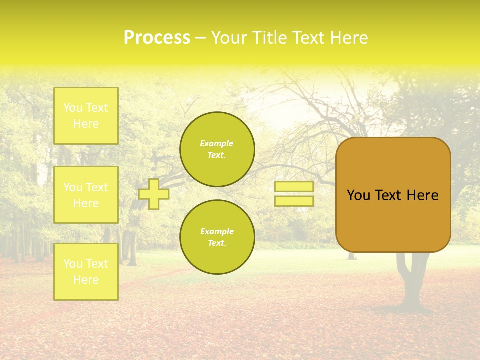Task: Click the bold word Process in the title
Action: point(157,38)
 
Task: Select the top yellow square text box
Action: point(86,116)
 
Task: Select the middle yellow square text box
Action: point(86,195)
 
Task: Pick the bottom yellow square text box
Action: point(86,272)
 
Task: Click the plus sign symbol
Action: point(154,194)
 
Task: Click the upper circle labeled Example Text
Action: point(217,149)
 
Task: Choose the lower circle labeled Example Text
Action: point(217,237)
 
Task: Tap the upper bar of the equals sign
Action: point(294,187)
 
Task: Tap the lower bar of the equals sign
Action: point(294,201)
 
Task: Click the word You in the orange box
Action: point(358,195)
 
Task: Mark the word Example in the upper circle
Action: point(217,144)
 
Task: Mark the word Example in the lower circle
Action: point(217,232)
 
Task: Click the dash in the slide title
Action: point(201,38)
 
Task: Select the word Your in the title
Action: point(228,38)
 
